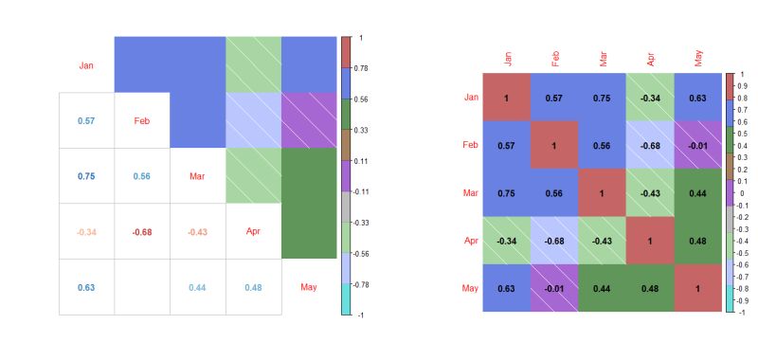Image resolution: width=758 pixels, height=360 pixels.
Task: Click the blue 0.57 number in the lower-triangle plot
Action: click(x=86, y=121)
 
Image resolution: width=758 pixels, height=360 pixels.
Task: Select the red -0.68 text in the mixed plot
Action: click(x=142, y=232)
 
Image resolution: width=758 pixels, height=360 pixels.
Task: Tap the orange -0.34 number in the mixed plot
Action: click(x=86, y=232)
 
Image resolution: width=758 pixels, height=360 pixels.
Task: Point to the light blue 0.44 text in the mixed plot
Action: click(x=197, y=287)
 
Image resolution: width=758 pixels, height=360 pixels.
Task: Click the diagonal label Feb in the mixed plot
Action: click(x=142, y=121)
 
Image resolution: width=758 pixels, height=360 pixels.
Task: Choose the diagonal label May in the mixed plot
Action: click(x=309, y=287)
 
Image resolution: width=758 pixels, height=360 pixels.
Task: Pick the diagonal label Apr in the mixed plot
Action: click(x=253, y=231)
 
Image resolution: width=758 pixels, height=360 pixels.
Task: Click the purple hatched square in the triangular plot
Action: click(x=310, y=120)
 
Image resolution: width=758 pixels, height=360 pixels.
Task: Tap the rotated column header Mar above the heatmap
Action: click(x=603, y=59)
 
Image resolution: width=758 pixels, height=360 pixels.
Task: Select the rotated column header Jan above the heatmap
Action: click(x=507, y=59)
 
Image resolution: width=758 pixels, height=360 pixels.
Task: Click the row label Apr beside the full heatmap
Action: click(x=470, y=241)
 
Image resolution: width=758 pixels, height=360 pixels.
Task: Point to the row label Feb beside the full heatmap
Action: click(x=470, y=145)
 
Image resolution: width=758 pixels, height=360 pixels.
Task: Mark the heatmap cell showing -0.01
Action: click(x=698, y=145)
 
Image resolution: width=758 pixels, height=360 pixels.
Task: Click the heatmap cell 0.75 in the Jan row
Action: click(x=603, y=98)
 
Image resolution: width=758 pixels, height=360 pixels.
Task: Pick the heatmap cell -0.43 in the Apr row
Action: click(x=603, y=241)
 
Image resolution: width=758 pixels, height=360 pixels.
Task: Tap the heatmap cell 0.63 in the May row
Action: click(x=507, y=288)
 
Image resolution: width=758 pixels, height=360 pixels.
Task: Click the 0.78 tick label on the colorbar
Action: click(x=361, y=69)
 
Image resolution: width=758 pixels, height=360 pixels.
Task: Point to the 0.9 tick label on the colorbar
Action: click(x=743, y=86)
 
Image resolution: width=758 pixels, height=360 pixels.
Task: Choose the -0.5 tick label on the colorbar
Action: click(x=744, y=253)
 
